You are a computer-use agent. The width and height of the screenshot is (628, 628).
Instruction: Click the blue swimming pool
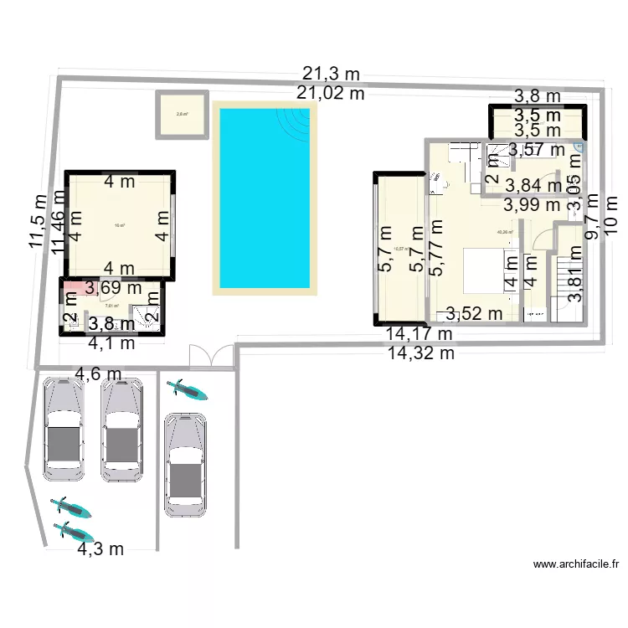coord(264,197)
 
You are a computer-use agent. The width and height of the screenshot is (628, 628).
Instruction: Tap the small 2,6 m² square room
coord(181,115)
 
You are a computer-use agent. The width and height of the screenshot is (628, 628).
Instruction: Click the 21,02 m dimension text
coord(330,93)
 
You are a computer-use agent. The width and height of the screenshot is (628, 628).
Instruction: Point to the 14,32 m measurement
coord(420,353)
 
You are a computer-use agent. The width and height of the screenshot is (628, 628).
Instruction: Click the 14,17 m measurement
coord(419,334)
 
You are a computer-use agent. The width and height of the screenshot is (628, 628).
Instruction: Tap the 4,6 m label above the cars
coord(98,373)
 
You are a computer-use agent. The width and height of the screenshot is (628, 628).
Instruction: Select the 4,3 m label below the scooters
coord(100,549)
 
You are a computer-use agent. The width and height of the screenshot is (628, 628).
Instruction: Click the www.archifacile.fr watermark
coord(575,565)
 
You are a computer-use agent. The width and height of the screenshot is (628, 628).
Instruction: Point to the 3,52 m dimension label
coord(474,314)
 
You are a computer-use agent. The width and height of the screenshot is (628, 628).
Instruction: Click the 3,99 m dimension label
coord(532,203)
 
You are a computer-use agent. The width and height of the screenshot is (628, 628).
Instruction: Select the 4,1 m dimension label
coord(112,342)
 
